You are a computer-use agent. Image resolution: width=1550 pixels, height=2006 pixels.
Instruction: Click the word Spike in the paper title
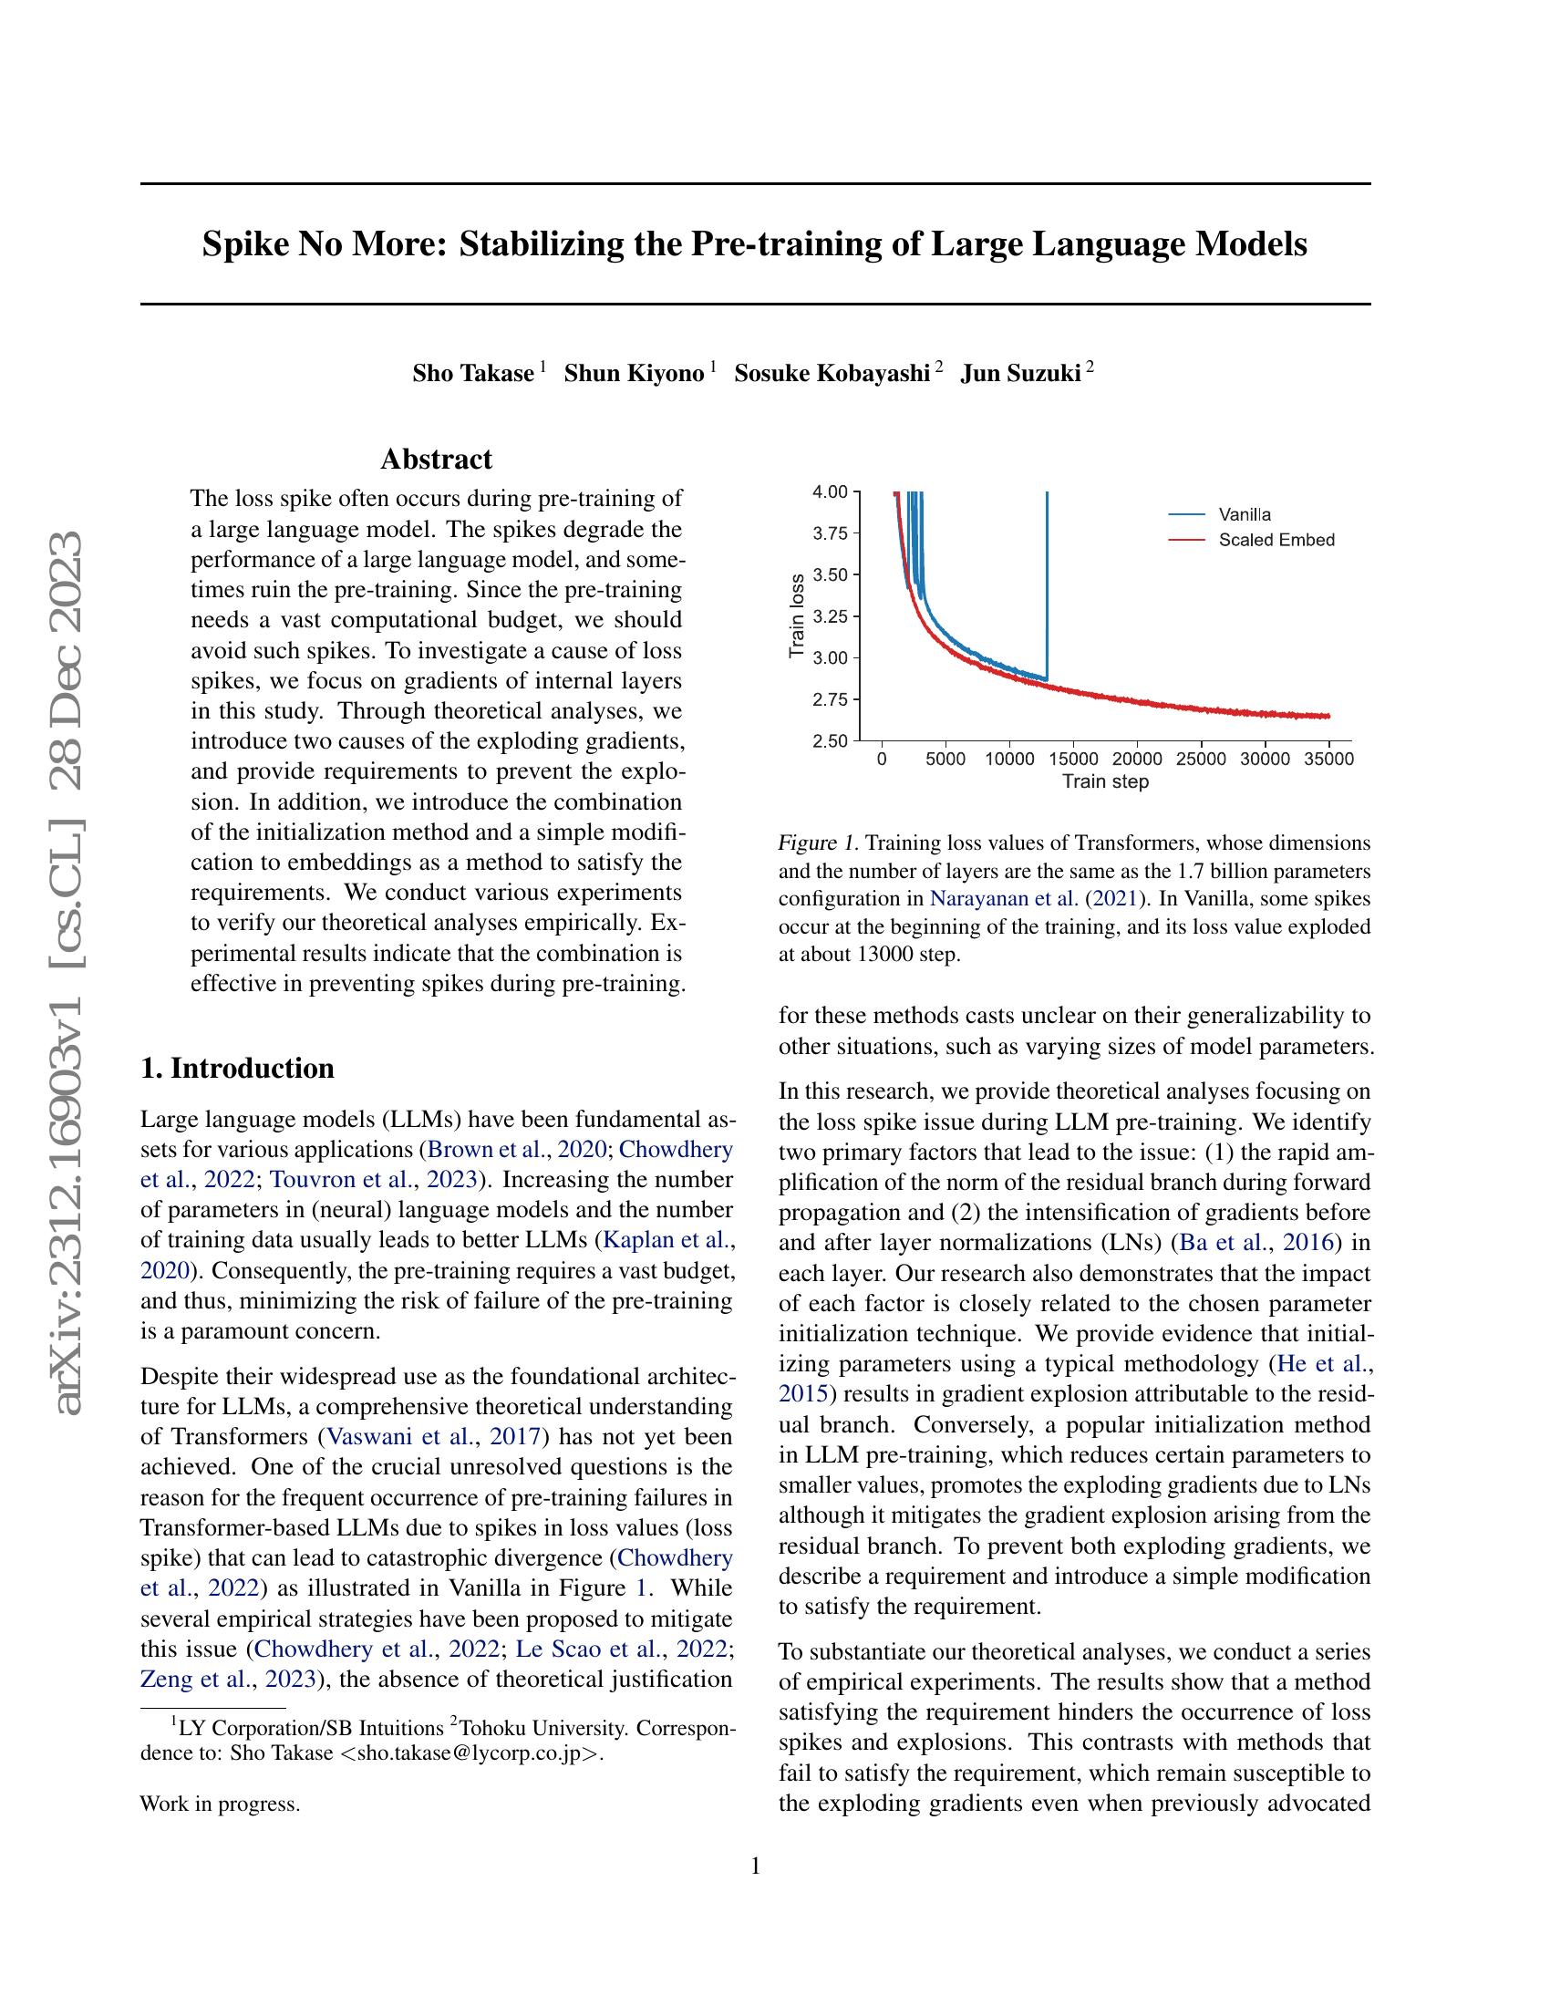[241, 244]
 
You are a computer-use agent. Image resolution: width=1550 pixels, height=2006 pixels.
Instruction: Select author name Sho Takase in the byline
[473, 374]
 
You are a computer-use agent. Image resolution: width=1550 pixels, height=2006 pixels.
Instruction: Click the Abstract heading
[436, 460]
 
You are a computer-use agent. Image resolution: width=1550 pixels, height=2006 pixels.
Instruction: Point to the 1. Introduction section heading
[238, 1069]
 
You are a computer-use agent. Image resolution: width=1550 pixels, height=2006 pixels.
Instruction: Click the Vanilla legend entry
[1245, 514]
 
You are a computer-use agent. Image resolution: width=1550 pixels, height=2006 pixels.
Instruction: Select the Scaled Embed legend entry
[1276, 540]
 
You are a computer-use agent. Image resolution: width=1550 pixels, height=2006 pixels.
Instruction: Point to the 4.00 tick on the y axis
[830, 491]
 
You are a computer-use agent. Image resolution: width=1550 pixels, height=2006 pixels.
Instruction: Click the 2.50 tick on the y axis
[830, 741]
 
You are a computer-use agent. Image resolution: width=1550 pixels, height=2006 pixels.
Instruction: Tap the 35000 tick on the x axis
[1328, 759]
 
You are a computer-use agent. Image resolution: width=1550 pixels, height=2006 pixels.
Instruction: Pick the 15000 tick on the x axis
[1073, 759]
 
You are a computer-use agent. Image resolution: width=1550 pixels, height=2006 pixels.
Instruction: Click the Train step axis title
[1106, 781]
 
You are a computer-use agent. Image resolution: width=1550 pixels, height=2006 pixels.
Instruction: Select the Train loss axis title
[797, 616]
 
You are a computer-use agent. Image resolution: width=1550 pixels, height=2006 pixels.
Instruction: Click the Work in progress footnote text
[220, 1804]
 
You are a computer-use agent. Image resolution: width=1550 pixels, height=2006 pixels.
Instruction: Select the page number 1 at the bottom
[755, 1866]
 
